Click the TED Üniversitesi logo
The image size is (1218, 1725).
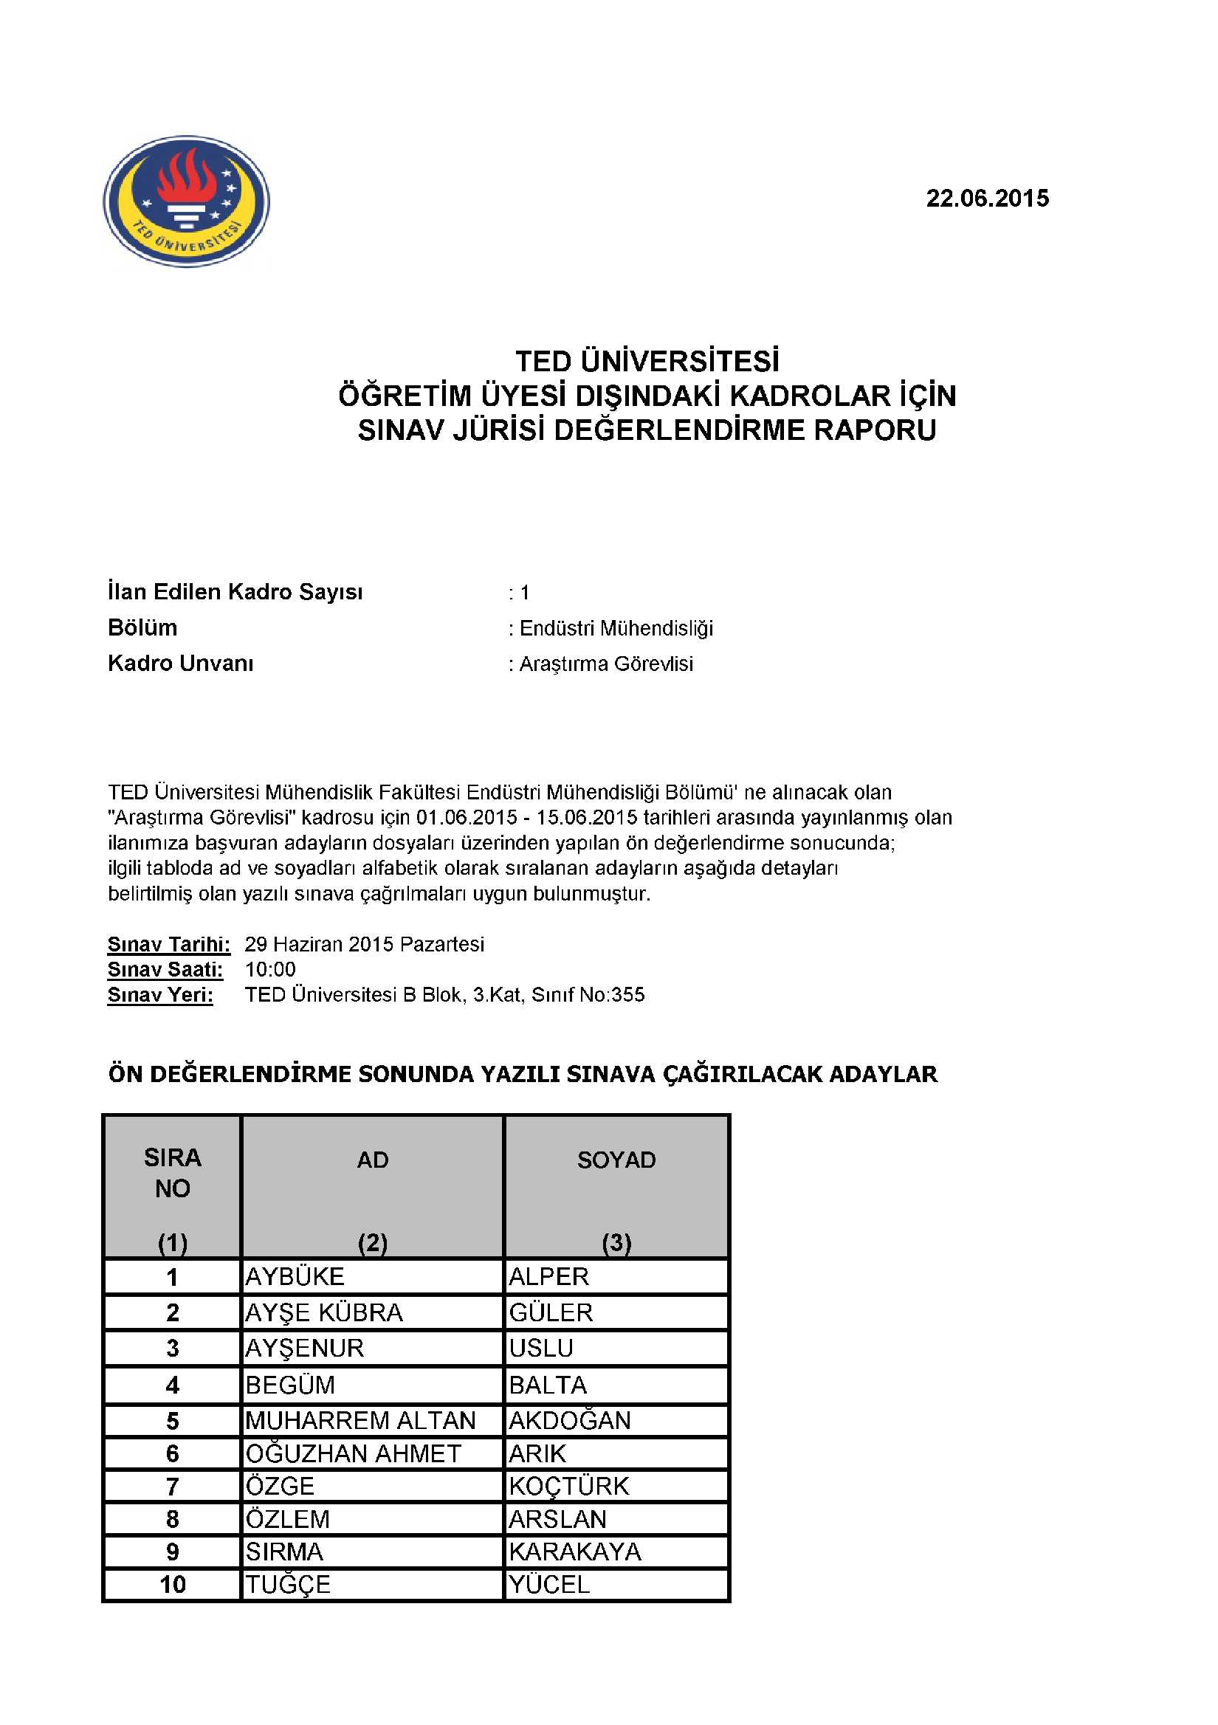coord(186,201)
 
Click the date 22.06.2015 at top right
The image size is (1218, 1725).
coord(986,199)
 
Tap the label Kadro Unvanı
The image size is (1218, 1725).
coord(180,664)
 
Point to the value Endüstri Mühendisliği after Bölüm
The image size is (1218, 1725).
coord(616,628)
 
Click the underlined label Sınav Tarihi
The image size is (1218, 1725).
coord(168,944)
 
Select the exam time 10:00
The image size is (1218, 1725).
coord(269,970)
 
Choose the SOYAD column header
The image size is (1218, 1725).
coord(616,1160)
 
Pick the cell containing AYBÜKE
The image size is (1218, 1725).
coord(295,1277)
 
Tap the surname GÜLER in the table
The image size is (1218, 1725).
coord(551,1313)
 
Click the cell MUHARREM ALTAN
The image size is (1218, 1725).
coord(361,1421)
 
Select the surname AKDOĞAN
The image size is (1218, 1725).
coord(570,1421)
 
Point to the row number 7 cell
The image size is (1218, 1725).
coord(172,1487)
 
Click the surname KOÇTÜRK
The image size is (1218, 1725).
coord(569,1487)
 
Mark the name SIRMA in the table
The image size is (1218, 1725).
coord(284,1552)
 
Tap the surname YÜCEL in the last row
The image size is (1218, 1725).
coord(549,1585)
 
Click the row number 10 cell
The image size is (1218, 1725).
coord(172,1585)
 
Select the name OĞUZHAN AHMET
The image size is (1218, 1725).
coord(353,1454)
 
